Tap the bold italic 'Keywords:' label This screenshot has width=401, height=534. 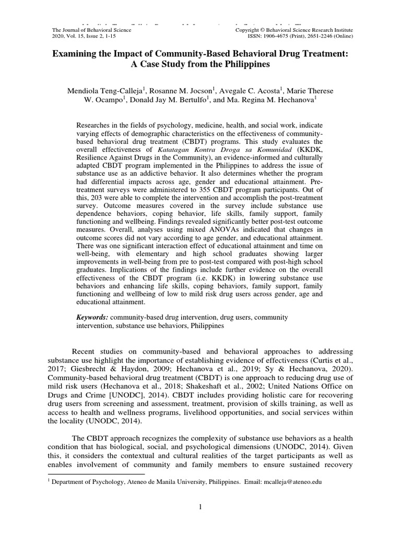coord(92,317)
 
